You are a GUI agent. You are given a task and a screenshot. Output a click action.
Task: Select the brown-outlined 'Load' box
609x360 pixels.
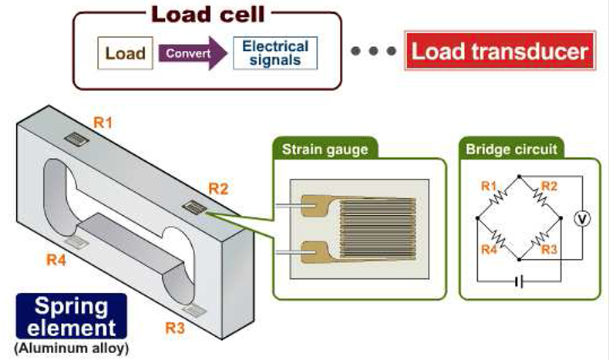coord(125,54)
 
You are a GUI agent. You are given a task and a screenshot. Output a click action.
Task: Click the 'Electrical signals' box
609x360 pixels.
coord(275,53)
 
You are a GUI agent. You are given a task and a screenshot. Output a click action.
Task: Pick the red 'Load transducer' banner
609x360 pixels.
coord(500,52)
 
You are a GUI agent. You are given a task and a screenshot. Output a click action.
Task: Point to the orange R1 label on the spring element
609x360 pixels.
coord(103,121)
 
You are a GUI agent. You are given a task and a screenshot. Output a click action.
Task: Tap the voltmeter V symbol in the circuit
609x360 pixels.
coord(584,219)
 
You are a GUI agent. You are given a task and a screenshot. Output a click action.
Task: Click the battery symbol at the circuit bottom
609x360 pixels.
coord(518,281)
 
